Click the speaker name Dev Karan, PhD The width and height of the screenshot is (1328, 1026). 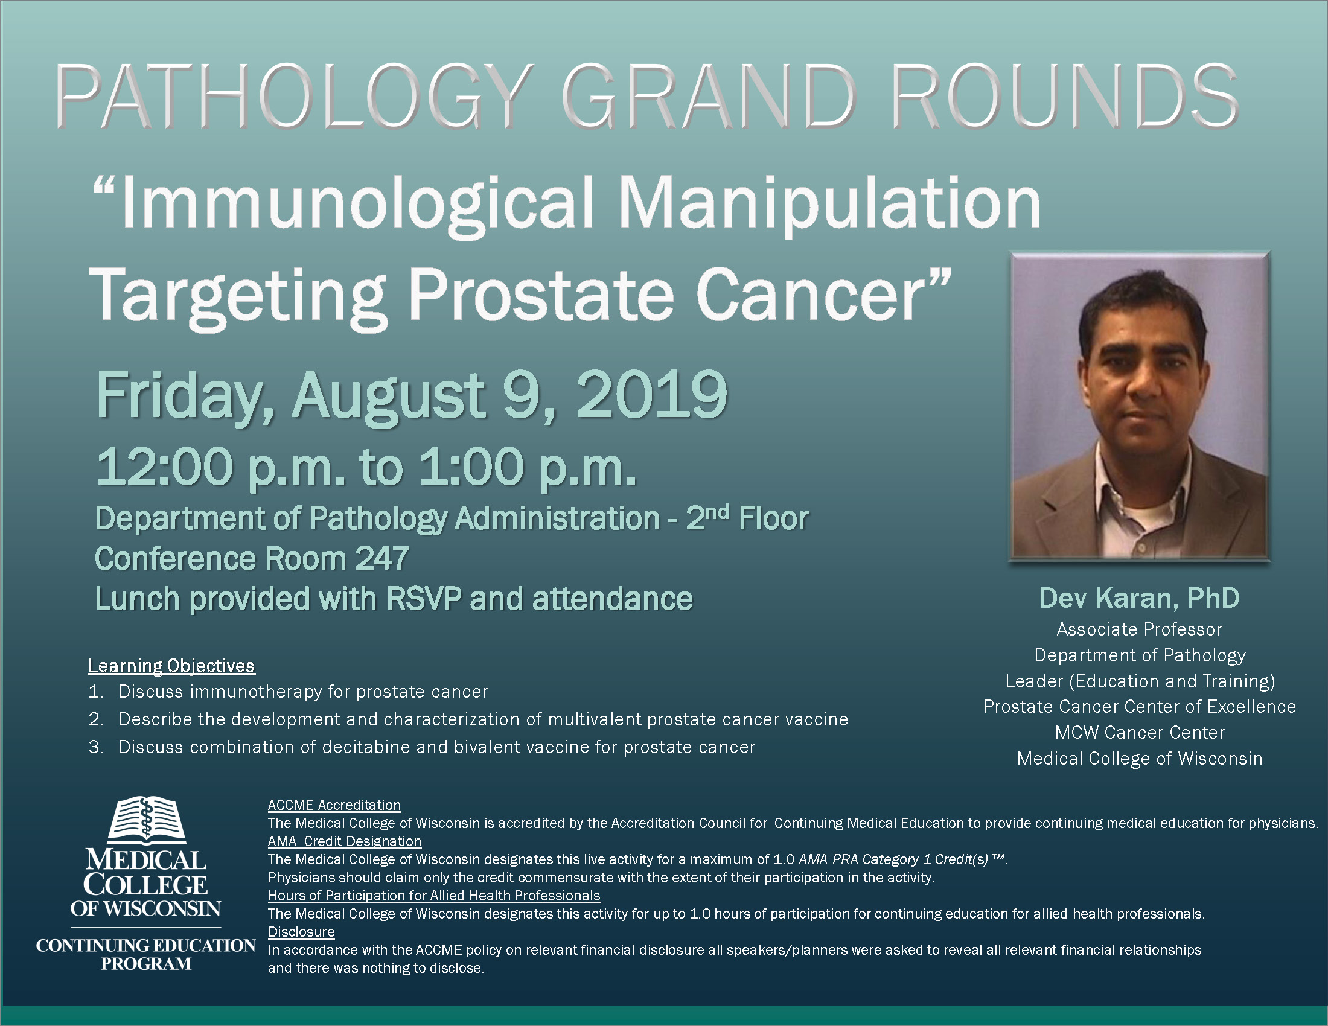1139,597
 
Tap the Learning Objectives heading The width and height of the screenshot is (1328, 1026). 171,666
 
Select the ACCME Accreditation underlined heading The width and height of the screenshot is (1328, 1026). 334,805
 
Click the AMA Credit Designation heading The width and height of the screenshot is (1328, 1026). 345,841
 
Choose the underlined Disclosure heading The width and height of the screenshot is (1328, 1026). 302,932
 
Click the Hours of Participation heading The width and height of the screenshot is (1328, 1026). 434,895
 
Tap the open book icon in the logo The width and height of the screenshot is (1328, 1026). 146,820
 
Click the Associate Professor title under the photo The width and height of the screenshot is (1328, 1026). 1140,629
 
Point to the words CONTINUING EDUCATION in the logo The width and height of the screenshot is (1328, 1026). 146,945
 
